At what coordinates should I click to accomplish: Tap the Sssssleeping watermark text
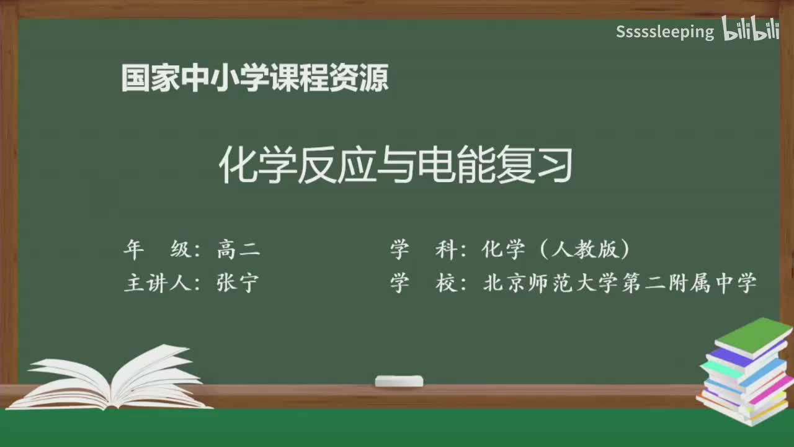point(665,32)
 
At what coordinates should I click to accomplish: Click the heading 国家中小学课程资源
point(255,78)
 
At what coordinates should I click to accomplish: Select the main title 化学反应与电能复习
point(396,166)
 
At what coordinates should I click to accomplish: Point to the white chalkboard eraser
point(399,381)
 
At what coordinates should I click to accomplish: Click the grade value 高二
point(238,250)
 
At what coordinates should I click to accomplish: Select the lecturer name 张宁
point(238,283)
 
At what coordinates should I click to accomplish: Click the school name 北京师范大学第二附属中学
point(620,283)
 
